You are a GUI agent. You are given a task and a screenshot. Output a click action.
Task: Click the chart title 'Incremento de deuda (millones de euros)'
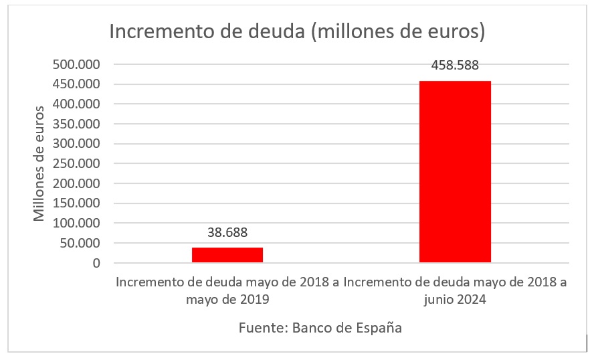[x=296, y=31]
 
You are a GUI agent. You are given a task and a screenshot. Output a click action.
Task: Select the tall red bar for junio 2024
[x=455, y=171]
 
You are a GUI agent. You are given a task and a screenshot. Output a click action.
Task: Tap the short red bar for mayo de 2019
[x=227, y=255]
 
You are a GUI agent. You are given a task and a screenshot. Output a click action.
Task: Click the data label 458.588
[x=455, y=66]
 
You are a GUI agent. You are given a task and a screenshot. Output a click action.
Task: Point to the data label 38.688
[x=227, y=233]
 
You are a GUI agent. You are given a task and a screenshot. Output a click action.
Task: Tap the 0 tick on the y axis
[x=96, y=263]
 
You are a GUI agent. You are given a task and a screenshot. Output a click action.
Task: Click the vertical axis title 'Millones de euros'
[x=40, y=164]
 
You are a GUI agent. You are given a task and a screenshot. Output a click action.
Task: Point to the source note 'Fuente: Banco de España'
[x=320, y=329]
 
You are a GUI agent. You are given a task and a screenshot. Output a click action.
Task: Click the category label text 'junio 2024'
[x=455, y=300]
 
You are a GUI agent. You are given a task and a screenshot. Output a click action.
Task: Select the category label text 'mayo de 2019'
[x=227, y=300]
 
